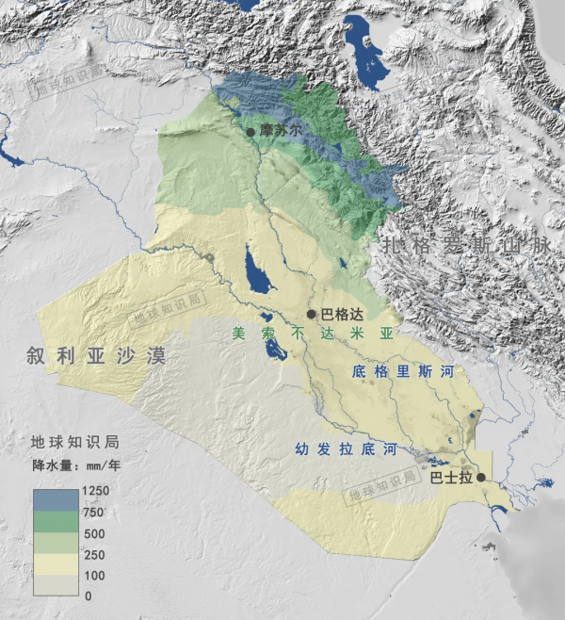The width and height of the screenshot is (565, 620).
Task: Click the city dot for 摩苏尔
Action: tap(250, 132)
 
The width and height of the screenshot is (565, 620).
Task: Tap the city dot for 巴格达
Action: tap(311, 314)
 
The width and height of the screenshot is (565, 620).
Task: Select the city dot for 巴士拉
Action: tap(481, 478)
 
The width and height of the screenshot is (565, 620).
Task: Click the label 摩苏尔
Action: tap(281, 131)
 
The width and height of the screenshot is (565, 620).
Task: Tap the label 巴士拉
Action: tap(450, 478)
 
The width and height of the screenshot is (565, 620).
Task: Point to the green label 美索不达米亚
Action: tap(312, 334)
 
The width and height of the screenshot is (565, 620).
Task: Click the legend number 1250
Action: tap(97, 491)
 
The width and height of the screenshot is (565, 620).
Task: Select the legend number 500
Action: tap(93, 533)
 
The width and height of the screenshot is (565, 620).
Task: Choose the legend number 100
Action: tap(93, 575)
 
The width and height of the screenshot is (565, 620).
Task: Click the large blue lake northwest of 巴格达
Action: tap(253, 269)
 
